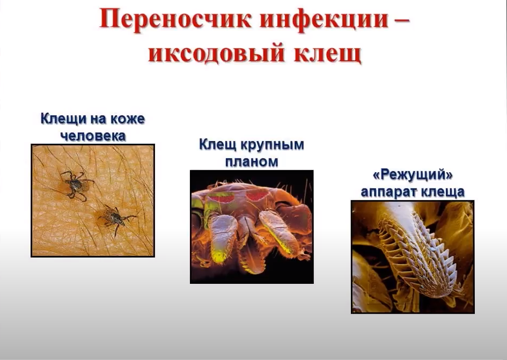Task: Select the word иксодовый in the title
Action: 217,53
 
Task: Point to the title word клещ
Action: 327,53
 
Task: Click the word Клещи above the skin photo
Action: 63,119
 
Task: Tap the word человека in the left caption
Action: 93,136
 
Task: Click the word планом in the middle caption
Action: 252,161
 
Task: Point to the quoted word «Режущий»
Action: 413,175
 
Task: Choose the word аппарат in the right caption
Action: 388,192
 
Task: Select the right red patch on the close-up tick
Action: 258,195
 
